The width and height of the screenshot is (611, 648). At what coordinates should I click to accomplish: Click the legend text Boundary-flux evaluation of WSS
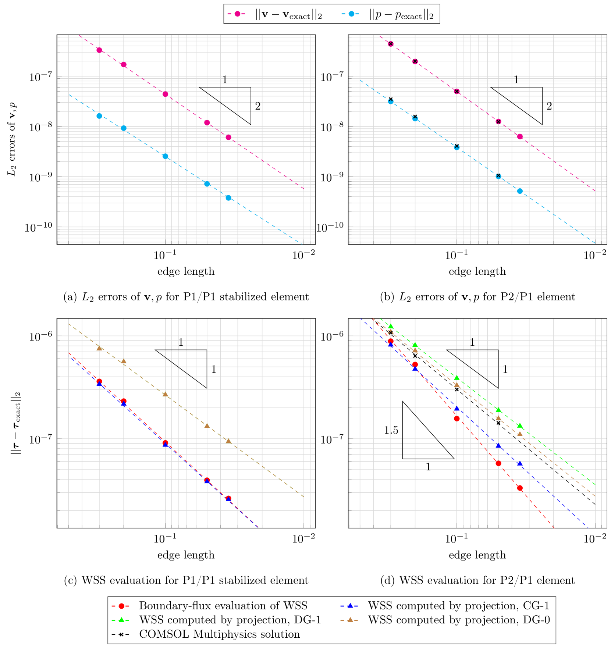point(223,606)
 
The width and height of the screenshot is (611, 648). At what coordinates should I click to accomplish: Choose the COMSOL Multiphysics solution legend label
point(219,634)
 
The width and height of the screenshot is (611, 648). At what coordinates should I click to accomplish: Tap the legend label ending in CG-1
point(458,606)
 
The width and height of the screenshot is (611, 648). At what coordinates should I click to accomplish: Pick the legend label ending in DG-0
point(459,620)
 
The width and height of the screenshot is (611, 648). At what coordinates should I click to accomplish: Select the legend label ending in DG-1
point(230,620)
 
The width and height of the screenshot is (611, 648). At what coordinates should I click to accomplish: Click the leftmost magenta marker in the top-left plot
point(99,50)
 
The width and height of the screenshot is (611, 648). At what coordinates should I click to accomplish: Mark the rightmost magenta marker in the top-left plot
point(228,138)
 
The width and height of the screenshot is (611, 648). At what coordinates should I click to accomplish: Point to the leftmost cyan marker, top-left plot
point(99,116)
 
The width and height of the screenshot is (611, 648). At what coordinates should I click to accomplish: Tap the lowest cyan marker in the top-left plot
point(228,198)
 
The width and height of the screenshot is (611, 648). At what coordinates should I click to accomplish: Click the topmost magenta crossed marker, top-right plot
point(391,44)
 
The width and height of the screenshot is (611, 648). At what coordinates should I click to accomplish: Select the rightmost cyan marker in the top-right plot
point(520,191)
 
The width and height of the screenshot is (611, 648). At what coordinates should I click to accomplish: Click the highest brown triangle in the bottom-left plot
point(99,348)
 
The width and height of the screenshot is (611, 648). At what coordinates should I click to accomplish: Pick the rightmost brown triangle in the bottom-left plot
point(228,441)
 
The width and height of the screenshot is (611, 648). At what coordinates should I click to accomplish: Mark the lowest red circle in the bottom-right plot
point(520,488)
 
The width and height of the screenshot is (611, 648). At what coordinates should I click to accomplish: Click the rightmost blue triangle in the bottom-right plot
point(520,463)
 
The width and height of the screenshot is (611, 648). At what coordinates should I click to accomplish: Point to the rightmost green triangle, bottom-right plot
point(520,426)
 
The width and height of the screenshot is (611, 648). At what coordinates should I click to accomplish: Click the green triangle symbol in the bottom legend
point(121,620)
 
